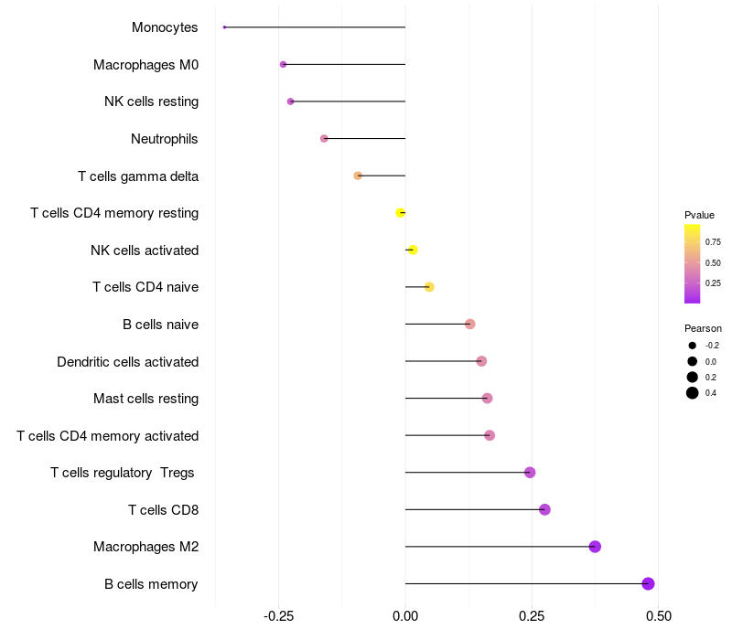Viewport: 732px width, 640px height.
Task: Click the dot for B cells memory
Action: click(648, 583)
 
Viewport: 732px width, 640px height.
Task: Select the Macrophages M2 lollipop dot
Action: click(595, 547)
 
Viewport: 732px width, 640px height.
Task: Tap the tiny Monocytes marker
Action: click(224, 27)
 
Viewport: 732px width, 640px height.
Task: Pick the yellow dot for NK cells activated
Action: click(413, 250)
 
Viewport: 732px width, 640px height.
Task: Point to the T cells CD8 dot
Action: click(544, 509)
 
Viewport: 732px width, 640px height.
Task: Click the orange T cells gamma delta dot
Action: click(358, 176)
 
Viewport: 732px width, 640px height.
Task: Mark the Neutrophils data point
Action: click(324, 139)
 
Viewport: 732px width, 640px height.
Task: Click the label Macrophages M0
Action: click(145, 65)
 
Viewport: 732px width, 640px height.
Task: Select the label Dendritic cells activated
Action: click(127, 362)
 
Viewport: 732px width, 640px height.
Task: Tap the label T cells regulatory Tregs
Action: click(124, 473)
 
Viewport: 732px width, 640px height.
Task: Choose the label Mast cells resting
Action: click(145, 399)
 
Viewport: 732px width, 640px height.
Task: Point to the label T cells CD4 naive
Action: click(145, 287)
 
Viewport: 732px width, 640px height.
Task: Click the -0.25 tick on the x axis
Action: click(278, 617)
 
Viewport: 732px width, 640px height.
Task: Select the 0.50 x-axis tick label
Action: click(658, 617)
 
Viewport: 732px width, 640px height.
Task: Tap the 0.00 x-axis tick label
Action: click(405, 617)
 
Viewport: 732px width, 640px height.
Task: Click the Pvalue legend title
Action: click(699, 215)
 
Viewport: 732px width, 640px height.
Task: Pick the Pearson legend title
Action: click(703, 328)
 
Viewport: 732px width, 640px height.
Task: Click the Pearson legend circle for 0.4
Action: click(693, 393)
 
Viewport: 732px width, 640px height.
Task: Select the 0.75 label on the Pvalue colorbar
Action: click(713, 242)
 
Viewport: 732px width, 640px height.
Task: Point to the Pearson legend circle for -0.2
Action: click(693, 346)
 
